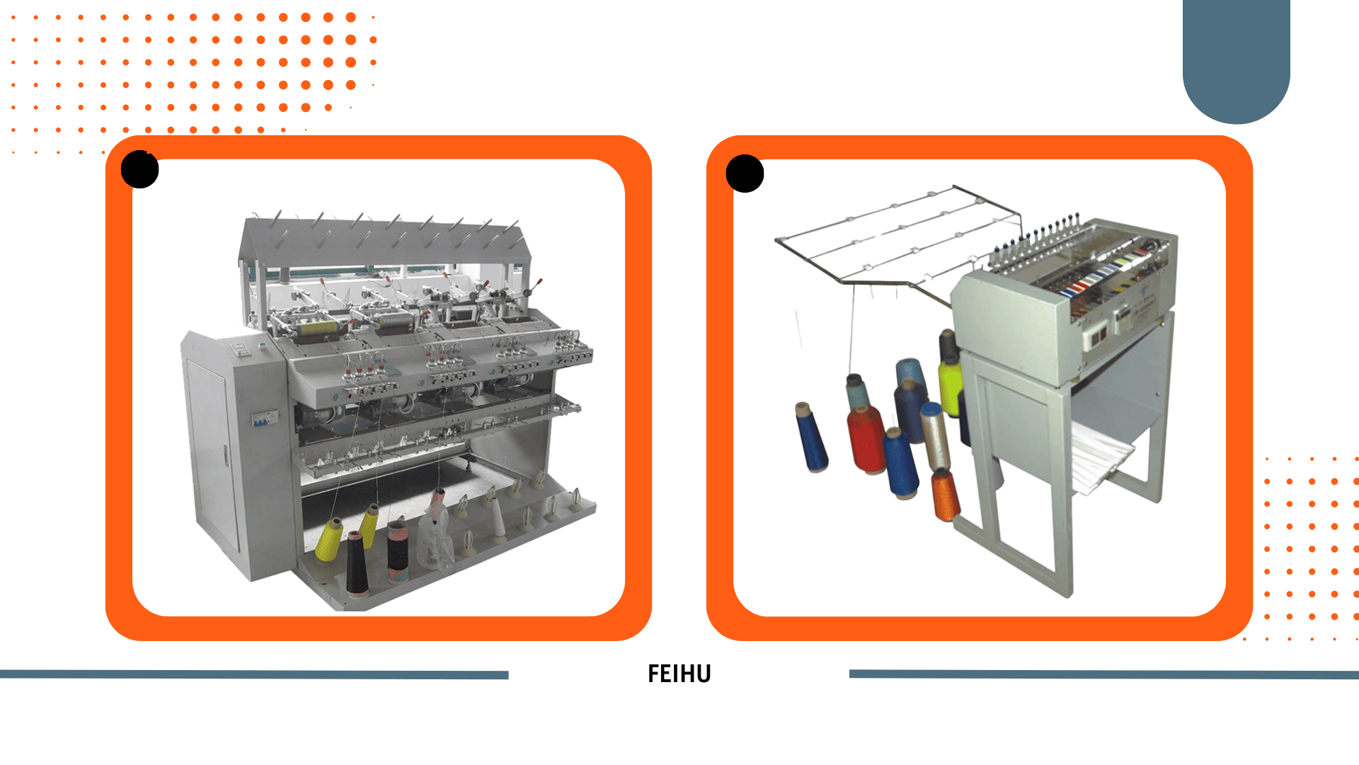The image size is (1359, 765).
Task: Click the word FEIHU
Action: pyautogui.click(x=679, y=674)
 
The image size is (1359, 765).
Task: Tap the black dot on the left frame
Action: pyautogui.click(x=139, y=169)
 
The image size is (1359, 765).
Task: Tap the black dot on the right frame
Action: pyautogui.click(x=745, y=174)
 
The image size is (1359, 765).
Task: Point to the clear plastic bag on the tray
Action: pyautogui.click(x=435, y=535)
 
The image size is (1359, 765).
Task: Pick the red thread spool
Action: pyautogui.click(x=866, y=439)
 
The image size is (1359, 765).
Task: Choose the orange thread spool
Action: pyautogui.click(x=944, y=495)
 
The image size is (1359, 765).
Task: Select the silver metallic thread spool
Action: pyautogui.click(x=935, y=436)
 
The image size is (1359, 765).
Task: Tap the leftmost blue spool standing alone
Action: pyautogui.click(x=810, y=437)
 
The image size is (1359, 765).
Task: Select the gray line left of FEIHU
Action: pyautogui.click(x=254, y=674)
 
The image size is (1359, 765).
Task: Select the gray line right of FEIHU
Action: pyautogui.click(x=1104, y=674)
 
